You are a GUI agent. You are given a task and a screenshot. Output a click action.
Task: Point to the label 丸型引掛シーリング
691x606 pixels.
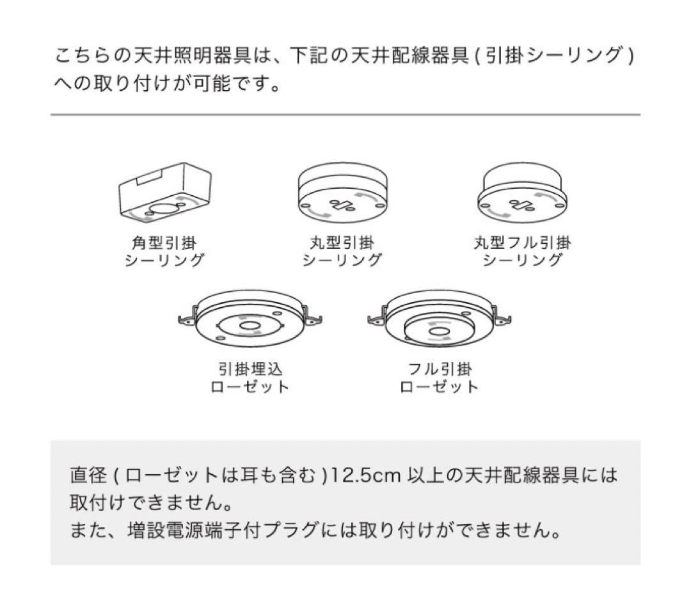(x=342, y=251)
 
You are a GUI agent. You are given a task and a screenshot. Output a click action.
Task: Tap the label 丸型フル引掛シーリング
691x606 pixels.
(x=522, y=251)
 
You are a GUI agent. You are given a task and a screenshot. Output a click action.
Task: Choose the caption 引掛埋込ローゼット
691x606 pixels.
(x=250, y=378)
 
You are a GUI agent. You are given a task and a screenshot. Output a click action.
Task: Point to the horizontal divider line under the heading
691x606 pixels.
(x=345, y=115)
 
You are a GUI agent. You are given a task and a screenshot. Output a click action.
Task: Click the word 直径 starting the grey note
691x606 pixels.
(x=83, y=475)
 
